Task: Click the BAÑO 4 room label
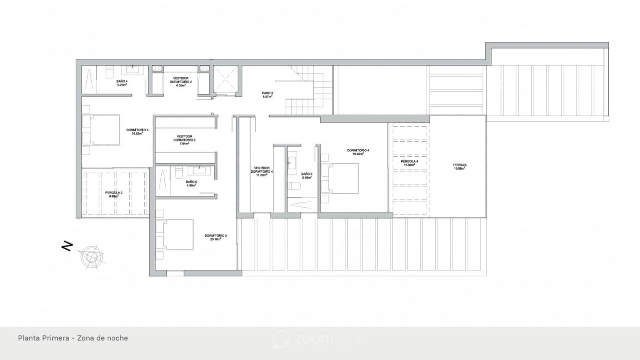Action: (122, 83)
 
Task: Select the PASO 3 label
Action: (268, 95)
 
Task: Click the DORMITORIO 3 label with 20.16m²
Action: (215, 237)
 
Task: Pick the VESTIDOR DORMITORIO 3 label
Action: (184, 140)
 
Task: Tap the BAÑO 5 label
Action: (191, 183)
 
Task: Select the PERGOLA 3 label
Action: (114, 194)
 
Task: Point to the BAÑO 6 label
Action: (306, 176)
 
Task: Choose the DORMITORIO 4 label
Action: (358, 152)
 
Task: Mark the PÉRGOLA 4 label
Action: (409, 163)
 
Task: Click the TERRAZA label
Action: (460, 166)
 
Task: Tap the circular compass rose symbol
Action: (92, 256)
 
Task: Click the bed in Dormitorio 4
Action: (340, 178)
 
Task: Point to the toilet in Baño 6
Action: (295, 186)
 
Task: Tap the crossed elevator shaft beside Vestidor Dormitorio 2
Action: (225, 79)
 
